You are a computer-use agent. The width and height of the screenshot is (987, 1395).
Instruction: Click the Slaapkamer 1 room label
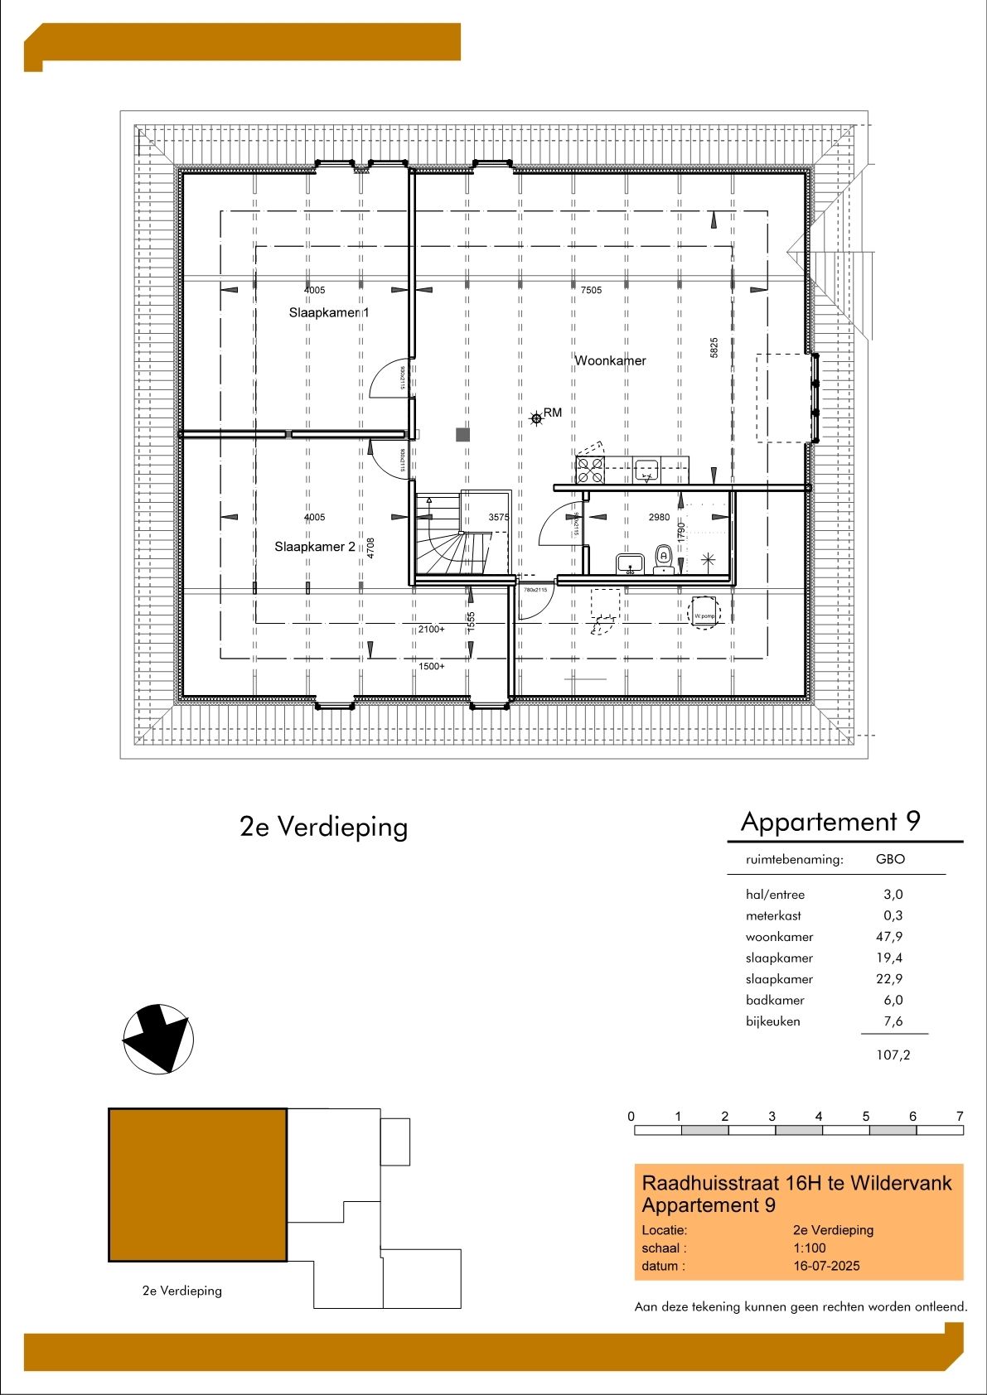(x=328, y=312)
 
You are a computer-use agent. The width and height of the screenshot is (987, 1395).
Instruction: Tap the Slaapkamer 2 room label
(x=315, y=547)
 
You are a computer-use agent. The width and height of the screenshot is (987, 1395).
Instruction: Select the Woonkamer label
(x=610, y=360)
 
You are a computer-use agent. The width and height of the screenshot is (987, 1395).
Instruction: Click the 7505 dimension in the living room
(x=591, y=290)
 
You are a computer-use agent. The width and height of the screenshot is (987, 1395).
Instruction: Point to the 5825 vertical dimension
(x=714, y=347)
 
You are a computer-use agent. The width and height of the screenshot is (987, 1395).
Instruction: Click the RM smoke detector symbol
(x=537, y=418)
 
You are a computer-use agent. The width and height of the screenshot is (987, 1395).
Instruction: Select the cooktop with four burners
(x=590, y=470)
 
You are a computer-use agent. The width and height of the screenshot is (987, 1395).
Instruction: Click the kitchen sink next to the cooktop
(x=646, y=470)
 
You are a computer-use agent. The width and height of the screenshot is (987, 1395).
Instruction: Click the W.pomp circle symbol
(x=704, y=615)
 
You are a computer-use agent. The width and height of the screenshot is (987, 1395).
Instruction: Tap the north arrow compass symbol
(x=158, y=1039)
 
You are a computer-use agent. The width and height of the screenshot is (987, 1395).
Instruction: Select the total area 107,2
(x=893, y=1055)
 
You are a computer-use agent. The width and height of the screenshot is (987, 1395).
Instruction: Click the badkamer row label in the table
(x=775, y=1000)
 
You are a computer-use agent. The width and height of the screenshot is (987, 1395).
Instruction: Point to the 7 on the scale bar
(x=960, y=1116)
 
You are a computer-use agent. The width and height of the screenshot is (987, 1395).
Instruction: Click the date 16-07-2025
(x=826, y=1266)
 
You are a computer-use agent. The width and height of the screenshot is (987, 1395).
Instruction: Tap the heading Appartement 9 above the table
(x=830, y=821)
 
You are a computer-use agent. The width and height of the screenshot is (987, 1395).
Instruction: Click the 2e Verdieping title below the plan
(x=323, y=826)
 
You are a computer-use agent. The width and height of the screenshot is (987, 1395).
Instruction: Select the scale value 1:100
(x=809, y=1248)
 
